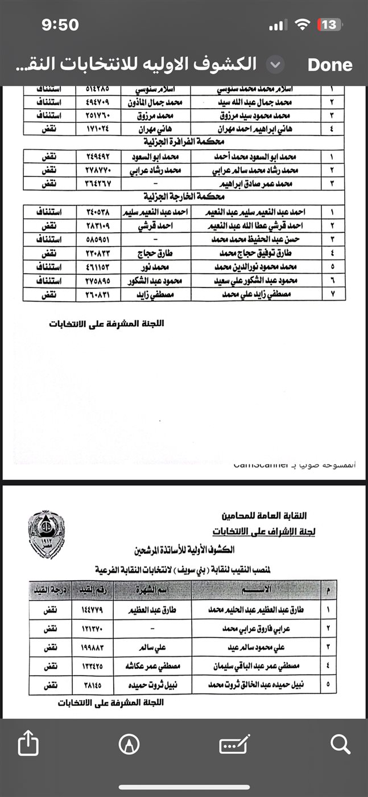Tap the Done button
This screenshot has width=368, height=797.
pyautogui.click(x=330, y=64)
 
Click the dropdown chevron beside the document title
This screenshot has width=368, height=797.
pyautogui.click(x=275, y=64)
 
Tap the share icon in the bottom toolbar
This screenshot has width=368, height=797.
pyautogui.click(x=28, y=743)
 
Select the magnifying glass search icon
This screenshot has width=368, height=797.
pyautogui.click(x=340, y=743)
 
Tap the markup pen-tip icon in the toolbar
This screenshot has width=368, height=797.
pyautogui.click(x=129, y=743)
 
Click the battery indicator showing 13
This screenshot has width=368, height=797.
pyautogui.click(x=328, y=24)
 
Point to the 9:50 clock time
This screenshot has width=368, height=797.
pyautogui.click(x=60, y=24)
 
